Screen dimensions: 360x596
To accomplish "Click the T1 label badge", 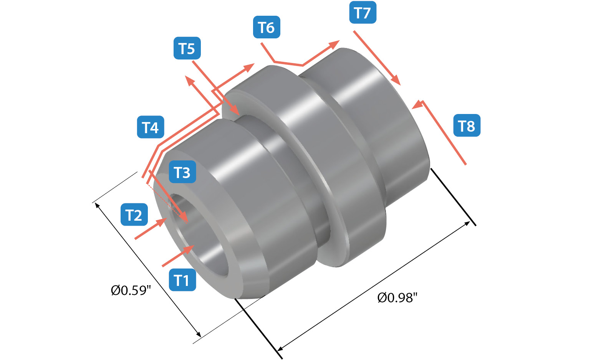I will click(x=182, y=280).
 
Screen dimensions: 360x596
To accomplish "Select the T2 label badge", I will click(x=134, y=215).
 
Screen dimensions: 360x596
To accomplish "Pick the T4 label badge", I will click(x=151, y=127).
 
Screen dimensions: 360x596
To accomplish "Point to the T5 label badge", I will click(x=187, y=48).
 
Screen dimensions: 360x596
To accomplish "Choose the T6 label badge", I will click(x=267, y=27).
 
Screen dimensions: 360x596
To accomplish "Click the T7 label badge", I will click(x=363, y=13).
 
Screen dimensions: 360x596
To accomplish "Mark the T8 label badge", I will click(x=467, y=126).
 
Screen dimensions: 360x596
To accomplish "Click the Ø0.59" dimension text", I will click(x=129, y=291).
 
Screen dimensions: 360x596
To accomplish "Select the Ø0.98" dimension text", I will click(x=397, y=298).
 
